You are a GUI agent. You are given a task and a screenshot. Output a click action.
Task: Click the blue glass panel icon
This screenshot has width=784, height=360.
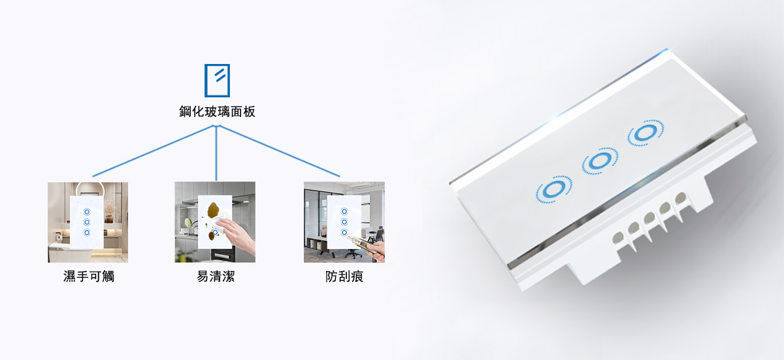click(x=217, y=80)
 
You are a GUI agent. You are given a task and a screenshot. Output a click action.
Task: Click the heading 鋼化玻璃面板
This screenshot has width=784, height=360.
click(x=217, y=112)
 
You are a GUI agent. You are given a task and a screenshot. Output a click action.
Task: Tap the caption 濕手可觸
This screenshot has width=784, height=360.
click(x=89, y=276)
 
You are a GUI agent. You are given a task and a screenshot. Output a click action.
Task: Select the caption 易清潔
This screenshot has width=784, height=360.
click(x=216, y=276)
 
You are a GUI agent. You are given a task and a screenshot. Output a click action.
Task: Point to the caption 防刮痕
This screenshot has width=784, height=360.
click(x=344, y=276)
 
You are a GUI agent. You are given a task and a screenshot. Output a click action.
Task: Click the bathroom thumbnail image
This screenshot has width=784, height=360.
click(x=88, y=222)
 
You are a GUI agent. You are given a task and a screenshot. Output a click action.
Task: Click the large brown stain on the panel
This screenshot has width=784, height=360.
click(x=214, y=209)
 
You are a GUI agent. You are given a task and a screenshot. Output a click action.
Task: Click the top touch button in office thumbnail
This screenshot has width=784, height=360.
click(x=344, y=211)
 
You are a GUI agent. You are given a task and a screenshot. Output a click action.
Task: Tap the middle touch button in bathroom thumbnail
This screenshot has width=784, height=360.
click(x=87, y=222)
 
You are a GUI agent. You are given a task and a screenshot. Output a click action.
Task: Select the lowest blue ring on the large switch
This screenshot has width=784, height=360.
click(x=554, y=189)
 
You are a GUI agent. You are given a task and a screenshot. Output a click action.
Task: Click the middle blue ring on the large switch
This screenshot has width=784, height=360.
click(x=600, y=161)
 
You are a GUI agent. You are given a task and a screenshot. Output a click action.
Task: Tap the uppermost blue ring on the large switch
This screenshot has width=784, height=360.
click(x=645, y=133)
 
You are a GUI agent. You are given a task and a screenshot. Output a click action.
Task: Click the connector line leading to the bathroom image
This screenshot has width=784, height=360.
click(x=154, y=151)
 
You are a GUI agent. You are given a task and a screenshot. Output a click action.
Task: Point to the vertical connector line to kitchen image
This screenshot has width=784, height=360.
click(x=216, y=153)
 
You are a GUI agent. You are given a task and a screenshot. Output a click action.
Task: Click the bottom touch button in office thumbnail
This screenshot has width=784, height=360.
click(x=344, y=233)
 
